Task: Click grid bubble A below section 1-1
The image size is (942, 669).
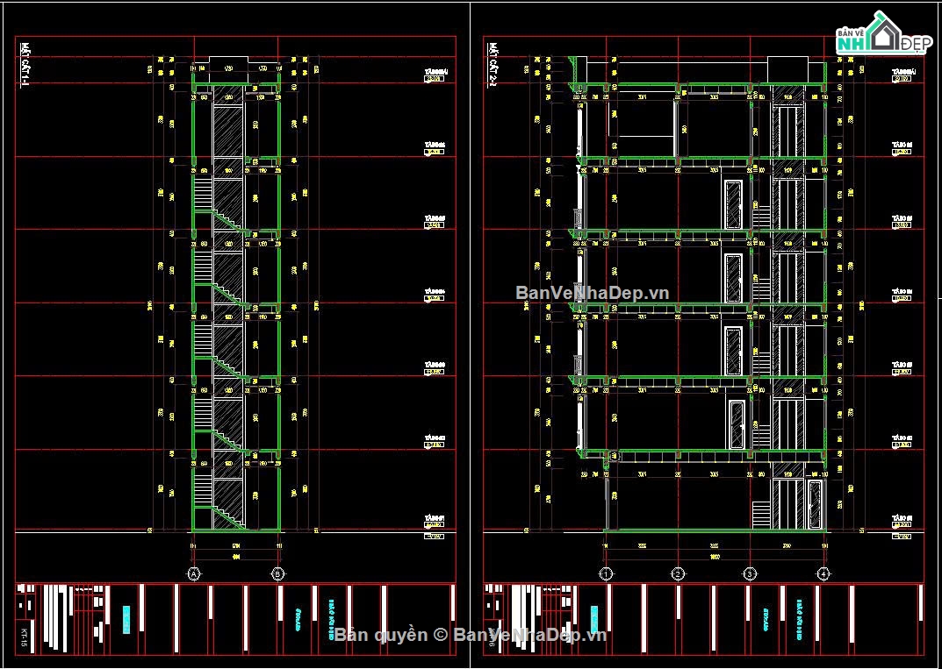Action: (193, 573)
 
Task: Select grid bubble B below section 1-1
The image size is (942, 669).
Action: (278, 573)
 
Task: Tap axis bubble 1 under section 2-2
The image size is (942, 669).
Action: (606, 573)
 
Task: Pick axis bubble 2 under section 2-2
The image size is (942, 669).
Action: (678, 573)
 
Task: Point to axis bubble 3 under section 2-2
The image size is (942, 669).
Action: (750, 573)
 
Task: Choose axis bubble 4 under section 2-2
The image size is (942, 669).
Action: (823, 573)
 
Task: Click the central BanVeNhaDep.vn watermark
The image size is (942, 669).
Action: (592, 293)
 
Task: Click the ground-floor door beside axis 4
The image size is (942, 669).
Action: (815, 504)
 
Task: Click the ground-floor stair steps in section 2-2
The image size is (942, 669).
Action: (761, 515)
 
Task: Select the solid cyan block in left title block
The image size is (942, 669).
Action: (126, 620)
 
